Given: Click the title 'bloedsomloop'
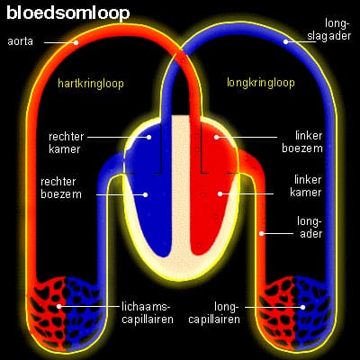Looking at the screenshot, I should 67,13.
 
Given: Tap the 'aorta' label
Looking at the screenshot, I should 21,41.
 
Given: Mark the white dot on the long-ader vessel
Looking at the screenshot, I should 261,234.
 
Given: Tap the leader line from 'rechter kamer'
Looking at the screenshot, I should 112,137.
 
